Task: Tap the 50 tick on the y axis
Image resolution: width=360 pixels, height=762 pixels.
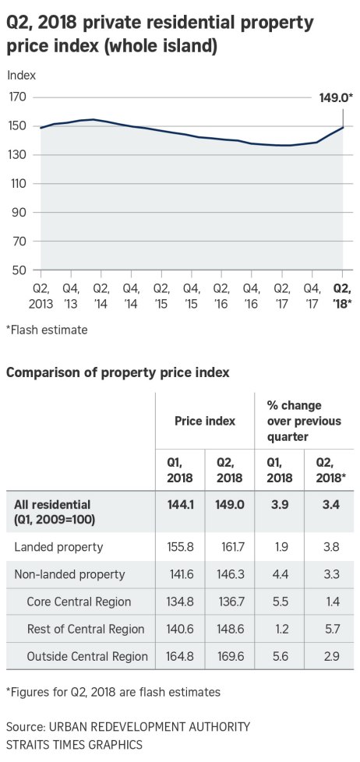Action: click(19, 270)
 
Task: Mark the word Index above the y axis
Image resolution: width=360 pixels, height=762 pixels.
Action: click(21, 76)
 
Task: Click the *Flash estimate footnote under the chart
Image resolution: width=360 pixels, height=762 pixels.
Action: click(47, 330)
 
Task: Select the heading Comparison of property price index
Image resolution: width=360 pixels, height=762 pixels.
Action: click(118, 372)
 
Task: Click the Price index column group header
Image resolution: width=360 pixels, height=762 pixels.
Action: click(204, 421)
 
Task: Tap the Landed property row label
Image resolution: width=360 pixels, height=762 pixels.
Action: click(58, 547)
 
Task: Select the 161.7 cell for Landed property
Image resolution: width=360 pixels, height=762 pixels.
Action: click(230, 547)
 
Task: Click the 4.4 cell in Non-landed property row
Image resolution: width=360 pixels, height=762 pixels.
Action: click(279, 574)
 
